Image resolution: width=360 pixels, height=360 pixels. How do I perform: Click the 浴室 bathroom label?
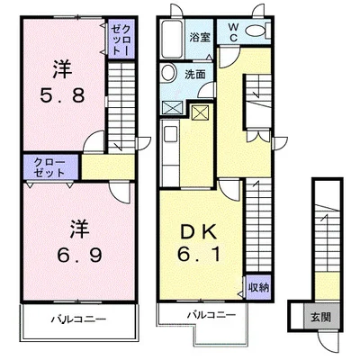click(200, 37)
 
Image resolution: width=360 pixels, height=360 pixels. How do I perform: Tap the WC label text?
click(234, 32)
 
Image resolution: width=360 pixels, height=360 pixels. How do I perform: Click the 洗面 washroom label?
click(195, 75)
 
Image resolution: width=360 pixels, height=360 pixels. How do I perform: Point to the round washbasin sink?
click(168, 73)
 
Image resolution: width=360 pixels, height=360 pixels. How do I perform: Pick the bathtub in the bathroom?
click(173, 40)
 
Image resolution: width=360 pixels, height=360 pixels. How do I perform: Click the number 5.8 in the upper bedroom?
click(63, 96)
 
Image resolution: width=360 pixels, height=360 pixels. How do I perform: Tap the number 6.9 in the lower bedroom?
click(79, 256)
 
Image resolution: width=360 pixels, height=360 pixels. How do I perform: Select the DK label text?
click(199, 232)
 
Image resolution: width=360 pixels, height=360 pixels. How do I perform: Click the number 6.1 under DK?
click(199, 255)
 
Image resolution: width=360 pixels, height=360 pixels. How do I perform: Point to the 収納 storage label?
click(258, 288)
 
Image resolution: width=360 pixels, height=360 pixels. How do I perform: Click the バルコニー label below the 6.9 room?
click(78, 319)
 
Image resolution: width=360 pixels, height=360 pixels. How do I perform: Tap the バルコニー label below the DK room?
click(211, 315)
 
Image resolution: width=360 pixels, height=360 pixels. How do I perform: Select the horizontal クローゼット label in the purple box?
click(49, 167)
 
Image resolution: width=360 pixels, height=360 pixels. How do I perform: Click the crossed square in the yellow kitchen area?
click(199, 112)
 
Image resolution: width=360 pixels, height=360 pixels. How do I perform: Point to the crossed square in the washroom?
click(172, 107)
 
